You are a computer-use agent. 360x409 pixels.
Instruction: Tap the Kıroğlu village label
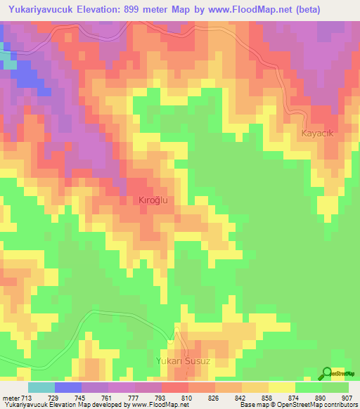[x=154, y=200]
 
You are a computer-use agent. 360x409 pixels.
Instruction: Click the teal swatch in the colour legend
[x=41, y=388]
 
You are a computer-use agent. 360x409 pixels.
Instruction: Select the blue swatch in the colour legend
[x=68, y=388]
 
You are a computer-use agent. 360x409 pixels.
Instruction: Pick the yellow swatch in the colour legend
[x=282, y=388]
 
